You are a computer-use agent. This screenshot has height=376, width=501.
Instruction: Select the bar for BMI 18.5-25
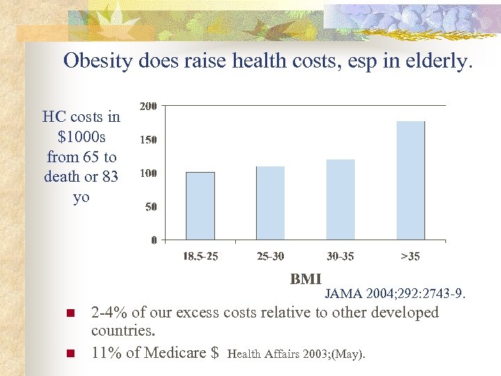pyautogui.click(x=200, y=206)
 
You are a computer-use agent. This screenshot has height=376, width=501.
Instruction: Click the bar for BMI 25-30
pyautogui.click(x=270, y=203)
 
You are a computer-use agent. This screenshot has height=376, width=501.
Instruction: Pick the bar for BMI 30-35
pyautogui.click(x=340, y=200)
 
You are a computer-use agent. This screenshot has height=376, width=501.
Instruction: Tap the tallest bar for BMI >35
pyautogui.click(x=410, y=181)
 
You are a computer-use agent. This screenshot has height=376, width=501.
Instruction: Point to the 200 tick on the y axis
pyautogui.click(x=148, y=106)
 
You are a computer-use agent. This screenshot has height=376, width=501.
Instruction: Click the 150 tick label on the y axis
pyautogui.click(x=148, y=139)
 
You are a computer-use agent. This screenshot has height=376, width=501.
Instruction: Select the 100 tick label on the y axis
pyautogui.click(x=148, y=173)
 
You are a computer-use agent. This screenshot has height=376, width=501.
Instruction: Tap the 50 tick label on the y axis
pyautogui.click(x=150, y=207)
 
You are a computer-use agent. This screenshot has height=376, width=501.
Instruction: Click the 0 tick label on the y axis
pyautogui.click(x=154, y=240)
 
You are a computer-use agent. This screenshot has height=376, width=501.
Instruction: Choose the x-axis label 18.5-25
pyautogui.click(x=200, y=256)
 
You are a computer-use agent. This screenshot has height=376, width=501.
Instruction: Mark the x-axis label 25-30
pyautogui.click(x=270, y=256)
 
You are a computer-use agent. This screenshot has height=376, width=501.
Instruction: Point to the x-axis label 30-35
pyautogui.click(x=340, y=256)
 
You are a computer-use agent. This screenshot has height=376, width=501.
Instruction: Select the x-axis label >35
pyautogui.click(x=411, y=256)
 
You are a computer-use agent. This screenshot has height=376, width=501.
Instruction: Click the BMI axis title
pyautogui.click(x=305, y=279)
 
